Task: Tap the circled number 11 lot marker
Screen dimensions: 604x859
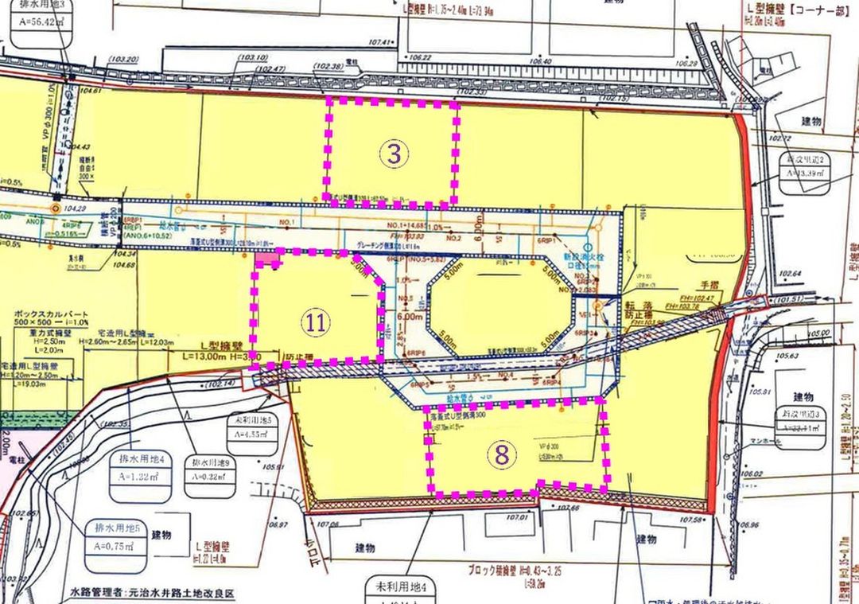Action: (x=316, y=321)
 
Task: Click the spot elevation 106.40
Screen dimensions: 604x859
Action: (x=539, y=60)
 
